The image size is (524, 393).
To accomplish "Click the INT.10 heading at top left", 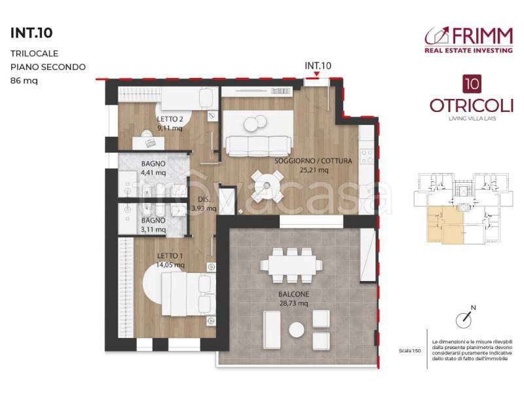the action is pos(31,33).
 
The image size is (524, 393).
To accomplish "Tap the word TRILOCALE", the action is pos(35,54).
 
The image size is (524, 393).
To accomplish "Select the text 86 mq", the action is pos(24,81).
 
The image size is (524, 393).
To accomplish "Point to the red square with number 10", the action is pos(472,84).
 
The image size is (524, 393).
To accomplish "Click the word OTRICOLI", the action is pos(472,106).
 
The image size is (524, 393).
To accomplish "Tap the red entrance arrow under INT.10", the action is pos(317,74).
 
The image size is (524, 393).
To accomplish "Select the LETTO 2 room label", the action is pos(170,119).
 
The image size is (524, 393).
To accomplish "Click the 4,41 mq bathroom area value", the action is pos(153,173).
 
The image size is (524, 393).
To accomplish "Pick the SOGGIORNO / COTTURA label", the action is pos(313,160).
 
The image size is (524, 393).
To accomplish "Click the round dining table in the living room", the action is pos(267,185).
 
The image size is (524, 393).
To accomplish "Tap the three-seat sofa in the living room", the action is pos(259,146).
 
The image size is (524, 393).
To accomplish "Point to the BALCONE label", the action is pos(293,294).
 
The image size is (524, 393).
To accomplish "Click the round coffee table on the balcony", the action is pos(297,330).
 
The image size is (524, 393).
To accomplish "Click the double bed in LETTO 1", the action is pos(188,293).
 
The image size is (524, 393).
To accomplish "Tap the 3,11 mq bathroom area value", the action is pos(153,230).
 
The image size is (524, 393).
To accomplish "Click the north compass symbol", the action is pos(464,318).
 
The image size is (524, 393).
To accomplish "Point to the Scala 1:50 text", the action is pos(409,350).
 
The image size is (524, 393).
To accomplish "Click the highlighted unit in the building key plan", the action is pos(445,225).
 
